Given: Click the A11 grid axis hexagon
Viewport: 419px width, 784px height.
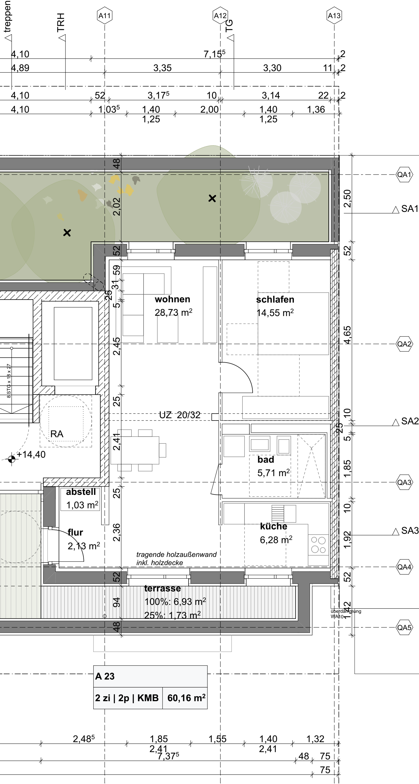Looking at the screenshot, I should [x=105, y=16].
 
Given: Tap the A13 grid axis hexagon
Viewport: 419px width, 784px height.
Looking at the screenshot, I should [x=334, y=16].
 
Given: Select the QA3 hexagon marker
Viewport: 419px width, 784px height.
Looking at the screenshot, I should [x=404, y=482].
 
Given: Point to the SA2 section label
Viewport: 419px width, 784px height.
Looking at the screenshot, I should [x=410, y=421].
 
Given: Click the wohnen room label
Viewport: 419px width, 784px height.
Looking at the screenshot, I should [x=173, y=299].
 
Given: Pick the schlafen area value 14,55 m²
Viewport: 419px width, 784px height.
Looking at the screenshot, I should [x=275, y=313].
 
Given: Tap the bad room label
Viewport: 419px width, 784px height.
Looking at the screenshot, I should [x=265, y=459].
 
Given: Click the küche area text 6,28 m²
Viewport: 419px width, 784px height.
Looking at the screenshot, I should [x=276, y=540].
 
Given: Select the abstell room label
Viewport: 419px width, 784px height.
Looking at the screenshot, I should [x=81, y=492].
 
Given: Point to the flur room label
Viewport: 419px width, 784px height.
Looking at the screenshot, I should [x=75, y=533].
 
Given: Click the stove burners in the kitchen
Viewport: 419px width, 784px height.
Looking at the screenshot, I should [x=318, y=545].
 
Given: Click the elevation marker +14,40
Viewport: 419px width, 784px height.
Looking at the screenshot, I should [x=31, y=455].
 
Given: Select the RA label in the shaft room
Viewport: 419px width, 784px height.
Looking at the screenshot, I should [x=57, y=434].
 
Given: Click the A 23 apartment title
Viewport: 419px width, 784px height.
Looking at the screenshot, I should [x=105, y=676].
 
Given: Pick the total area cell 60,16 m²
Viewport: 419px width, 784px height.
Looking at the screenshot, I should [x=186, y=698].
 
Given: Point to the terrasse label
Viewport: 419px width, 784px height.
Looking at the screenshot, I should [x=162, y=589].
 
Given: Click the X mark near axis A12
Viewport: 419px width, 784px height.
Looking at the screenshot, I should [x=212, y=198].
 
